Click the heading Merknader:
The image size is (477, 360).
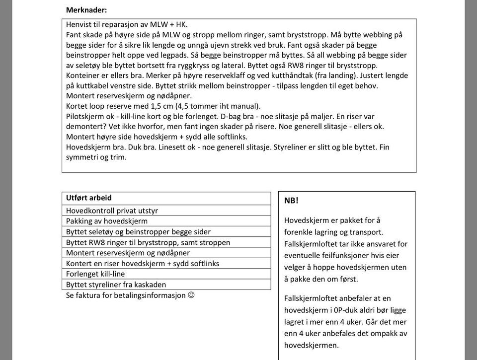coord(86,10)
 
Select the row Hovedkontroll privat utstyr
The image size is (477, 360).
coord(112,211)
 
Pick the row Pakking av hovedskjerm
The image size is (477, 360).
coord(107,221)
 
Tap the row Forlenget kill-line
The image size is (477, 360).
coord(95,274)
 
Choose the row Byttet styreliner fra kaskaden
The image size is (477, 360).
coord(116,285)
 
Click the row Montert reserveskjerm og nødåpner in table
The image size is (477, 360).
coord(128,253)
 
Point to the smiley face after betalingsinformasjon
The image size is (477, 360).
coord(191,295)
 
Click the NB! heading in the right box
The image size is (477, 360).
coord(291,201)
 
